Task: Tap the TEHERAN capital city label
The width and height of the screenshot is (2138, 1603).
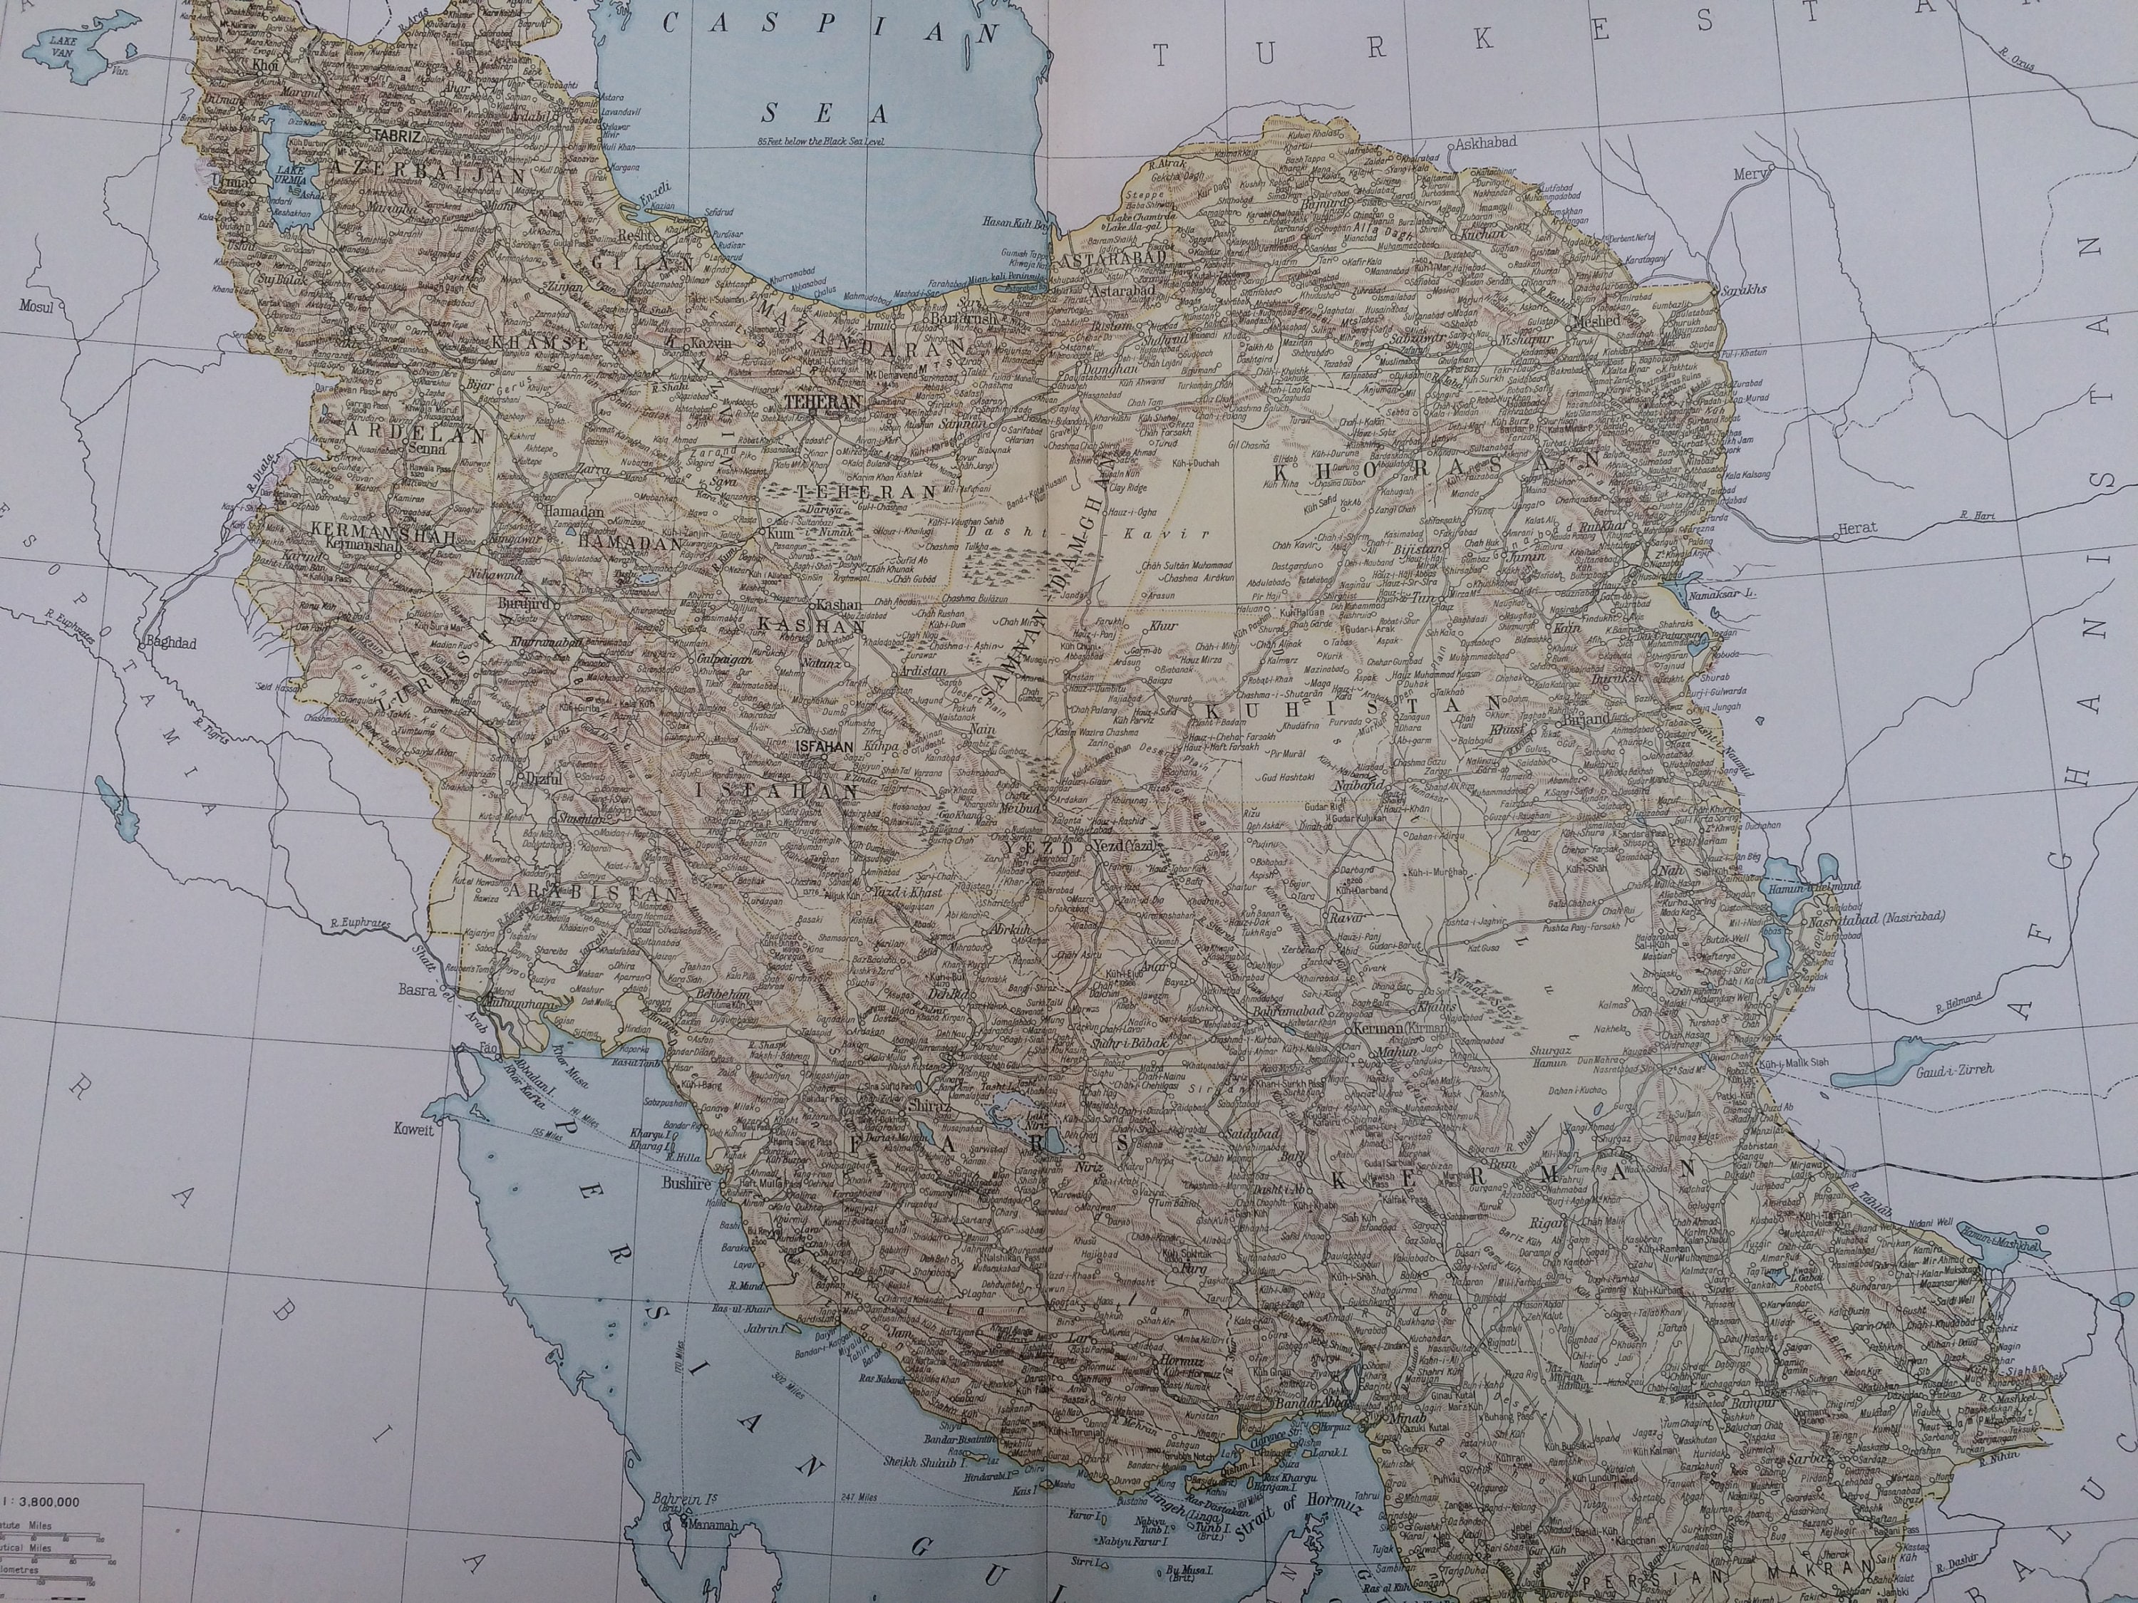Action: coord(822,400)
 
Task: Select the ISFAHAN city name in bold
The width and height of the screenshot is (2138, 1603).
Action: coord(822,746)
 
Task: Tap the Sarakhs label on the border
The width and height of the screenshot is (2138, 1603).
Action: coord(1745,289)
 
